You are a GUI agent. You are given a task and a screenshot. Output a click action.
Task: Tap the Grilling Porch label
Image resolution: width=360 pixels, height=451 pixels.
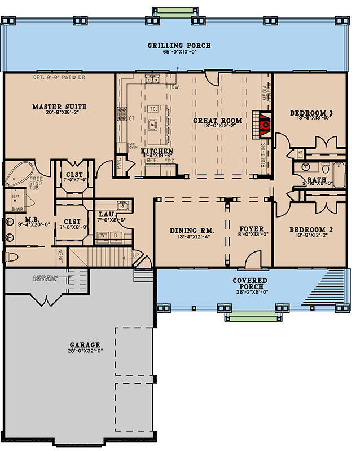179,46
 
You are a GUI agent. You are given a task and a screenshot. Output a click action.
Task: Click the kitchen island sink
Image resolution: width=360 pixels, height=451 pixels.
152,124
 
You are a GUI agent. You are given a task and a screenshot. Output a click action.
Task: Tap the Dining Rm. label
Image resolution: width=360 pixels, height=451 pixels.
190,230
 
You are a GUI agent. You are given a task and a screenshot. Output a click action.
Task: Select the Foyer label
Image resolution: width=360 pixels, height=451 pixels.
251,229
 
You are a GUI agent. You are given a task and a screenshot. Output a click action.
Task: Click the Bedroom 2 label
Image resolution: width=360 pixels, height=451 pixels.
309,230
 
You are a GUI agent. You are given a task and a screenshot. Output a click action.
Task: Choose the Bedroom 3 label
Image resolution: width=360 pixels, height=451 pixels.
311,113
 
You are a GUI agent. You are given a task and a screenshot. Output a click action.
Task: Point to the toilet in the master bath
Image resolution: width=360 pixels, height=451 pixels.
11,257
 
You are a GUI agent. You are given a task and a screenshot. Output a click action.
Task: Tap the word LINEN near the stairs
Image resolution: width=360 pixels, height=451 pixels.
61,257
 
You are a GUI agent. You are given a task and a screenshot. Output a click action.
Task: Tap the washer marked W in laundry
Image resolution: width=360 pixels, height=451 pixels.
103,236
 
